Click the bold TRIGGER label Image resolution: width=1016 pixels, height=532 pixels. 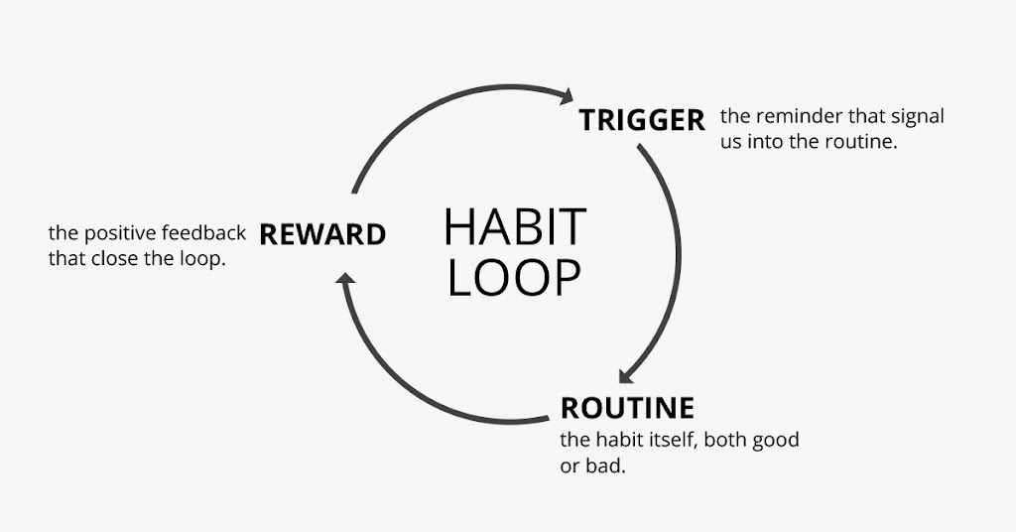642,120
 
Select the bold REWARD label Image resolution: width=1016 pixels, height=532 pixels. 322,234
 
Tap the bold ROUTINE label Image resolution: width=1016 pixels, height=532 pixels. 627,408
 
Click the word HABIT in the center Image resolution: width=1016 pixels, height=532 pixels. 515,226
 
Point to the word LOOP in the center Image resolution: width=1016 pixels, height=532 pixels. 514,278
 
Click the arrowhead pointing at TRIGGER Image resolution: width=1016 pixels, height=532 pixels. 567,96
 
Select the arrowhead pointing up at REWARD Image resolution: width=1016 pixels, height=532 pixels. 345,279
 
